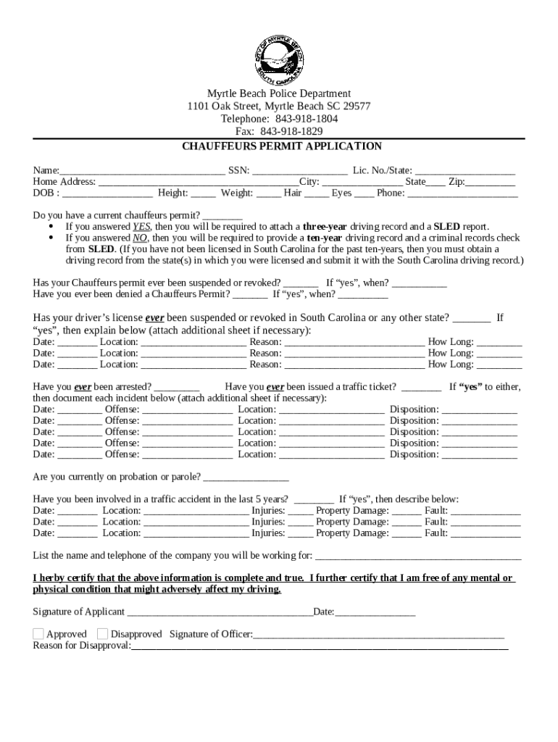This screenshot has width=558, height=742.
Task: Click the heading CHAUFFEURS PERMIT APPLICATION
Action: (281, 146)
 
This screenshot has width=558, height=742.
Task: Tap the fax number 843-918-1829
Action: (291, 131)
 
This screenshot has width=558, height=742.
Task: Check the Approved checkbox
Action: (38, 634)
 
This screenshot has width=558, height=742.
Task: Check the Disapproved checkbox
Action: (102, 634)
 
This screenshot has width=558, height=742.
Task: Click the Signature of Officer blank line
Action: (378, 635)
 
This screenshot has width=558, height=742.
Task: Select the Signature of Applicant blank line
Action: (220, 613)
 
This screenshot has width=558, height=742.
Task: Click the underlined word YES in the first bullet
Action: (141, 226)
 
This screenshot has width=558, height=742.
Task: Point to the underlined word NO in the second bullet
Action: (140, 238)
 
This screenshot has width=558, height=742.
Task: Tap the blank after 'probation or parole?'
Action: (246, 478)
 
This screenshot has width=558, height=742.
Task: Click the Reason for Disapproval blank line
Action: (320, 646)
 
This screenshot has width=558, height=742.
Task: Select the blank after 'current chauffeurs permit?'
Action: (222, 216)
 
